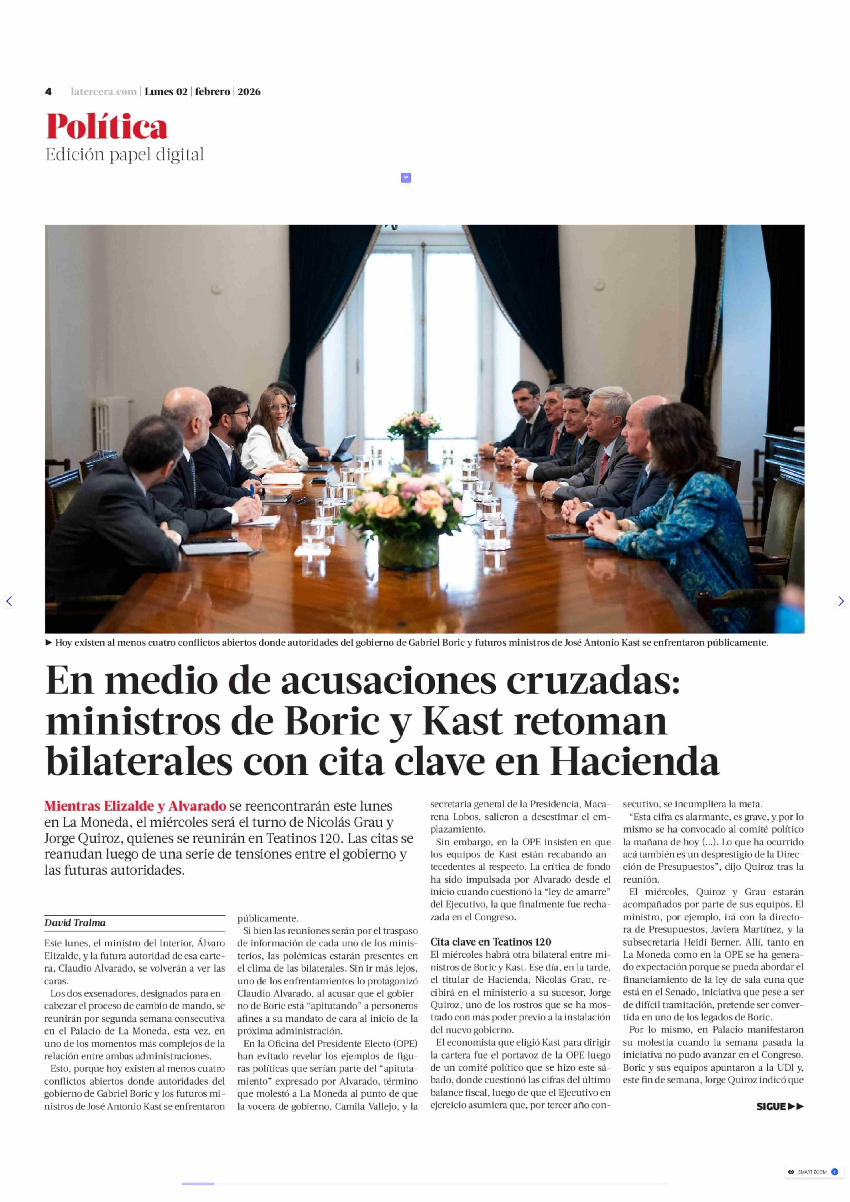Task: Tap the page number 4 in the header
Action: pyautogui.click(x=48, y=92)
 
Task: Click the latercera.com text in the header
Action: pyautogui.click(x=104, y=92)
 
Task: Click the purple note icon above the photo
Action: pyautogui.click(x=406, y=178)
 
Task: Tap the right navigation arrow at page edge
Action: pyautogui.click(x=841, y=601)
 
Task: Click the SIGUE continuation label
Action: pyautogui.click(x=779, y=1106)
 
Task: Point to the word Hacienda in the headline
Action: pyautogui.click(x=634, y=762)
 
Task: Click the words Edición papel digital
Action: pyautogui.click(x=125, y=155)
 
